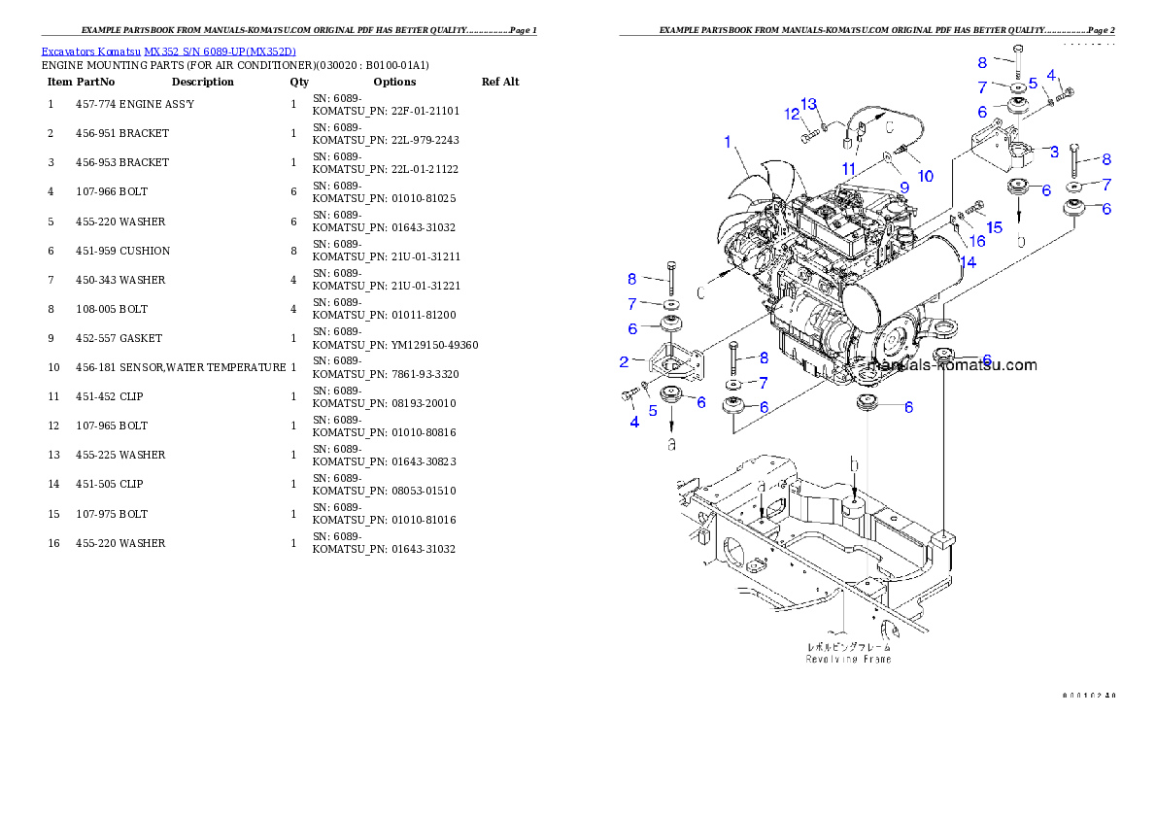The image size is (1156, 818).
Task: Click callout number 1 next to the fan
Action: point(727,142)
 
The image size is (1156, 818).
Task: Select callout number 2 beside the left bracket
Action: point(625,362)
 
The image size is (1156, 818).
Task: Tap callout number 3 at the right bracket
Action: point(1054,152)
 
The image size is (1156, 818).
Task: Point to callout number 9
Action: point(902,186)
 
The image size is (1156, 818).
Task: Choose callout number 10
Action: point(925,176)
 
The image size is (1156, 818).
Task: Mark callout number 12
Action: point(792,115)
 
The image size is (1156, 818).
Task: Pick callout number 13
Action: point(808,104)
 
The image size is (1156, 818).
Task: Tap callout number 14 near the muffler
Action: point(969,261)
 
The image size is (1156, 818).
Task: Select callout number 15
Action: point(994,227)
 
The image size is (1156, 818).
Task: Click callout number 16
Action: point(977,240)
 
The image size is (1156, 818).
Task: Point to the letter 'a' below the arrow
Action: point(670,443)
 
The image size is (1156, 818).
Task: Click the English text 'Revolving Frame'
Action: point(848,659)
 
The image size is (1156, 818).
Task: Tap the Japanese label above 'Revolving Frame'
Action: point(848,646)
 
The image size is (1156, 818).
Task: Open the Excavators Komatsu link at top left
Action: point(168,51)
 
